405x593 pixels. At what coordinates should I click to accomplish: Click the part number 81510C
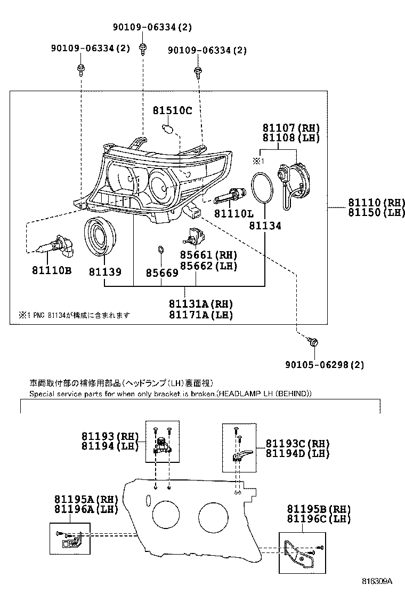(x=172, y=111)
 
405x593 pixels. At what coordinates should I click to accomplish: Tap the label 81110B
(x=51, y=271)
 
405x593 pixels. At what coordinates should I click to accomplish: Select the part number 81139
(x=105, y=271)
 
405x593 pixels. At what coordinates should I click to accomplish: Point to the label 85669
(x=162, y=273)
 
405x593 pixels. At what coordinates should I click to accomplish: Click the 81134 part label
(x=265, y=226)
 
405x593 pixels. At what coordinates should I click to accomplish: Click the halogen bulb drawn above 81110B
(x=50, y=245)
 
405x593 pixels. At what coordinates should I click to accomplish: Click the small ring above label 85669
(x=160, y=250)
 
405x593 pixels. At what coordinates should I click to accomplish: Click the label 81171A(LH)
(x=201, y=315)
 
